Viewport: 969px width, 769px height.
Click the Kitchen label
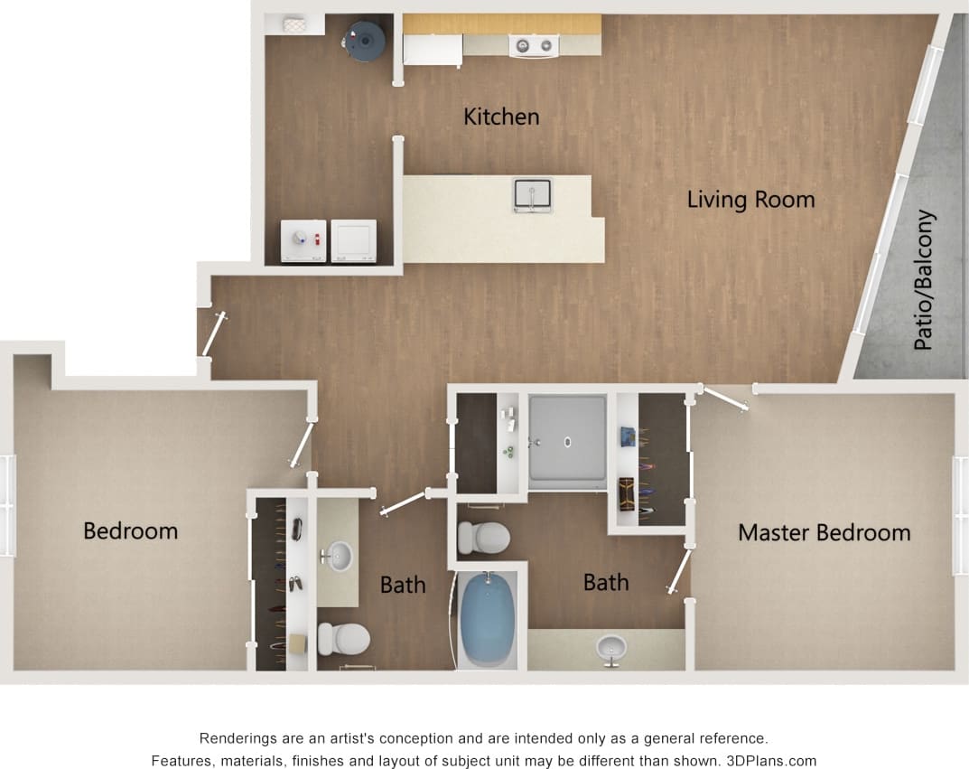[x=501, y=117]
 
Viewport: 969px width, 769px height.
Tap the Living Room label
[x=750, y=200]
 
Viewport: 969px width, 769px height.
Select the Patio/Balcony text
[x=924, y=280]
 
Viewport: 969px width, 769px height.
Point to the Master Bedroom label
[x=824, y=533]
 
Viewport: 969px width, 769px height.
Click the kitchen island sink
[x=532, y=195]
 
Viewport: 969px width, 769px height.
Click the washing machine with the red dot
[x=303, y=241]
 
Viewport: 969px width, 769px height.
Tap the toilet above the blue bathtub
[x=482, y=538]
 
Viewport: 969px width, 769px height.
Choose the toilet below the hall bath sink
[x=343, y=638]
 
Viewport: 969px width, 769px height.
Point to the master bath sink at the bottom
[x=611, y=647]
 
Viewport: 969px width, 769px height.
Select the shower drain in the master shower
[x=569, y=442]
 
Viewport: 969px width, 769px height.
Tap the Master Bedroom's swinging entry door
[x=726, y=399]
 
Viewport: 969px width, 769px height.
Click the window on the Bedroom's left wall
[x=8, y=505]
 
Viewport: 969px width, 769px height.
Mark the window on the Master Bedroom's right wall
[x=960, y=515]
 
